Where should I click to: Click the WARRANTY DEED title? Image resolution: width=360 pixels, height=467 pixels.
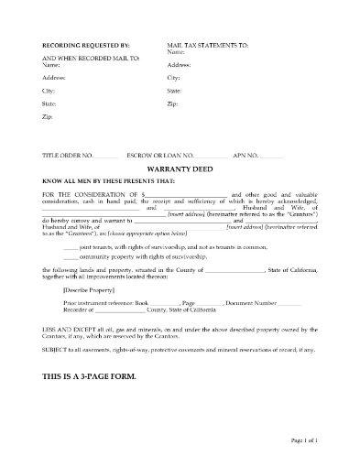tap(180, 170)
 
